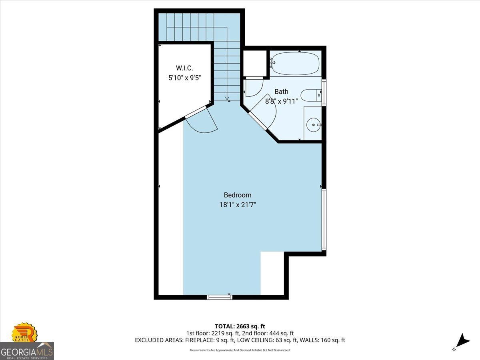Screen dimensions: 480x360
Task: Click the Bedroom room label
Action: (x=238, y=195)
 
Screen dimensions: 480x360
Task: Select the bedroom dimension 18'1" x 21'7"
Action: (x=238, y=205)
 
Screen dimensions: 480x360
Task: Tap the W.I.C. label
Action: (x=184, y=68)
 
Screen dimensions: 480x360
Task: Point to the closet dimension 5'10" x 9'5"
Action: (x=184, y=78)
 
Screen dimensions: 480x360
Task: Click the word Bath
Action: (x=282, y=91)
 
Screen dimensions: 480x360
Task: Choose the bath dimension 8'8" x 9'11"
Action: (x=282, y=101)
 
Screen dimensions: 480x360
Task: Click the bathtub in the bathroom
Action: (x=295, y=63)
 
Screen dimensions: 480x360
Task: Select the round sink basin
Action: (x=313, y=125)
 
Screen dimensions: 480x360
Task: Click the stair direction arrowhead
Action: (x=227, y=98)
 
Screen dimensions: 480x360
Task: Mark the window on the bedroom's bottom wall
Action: (x=220, y=297)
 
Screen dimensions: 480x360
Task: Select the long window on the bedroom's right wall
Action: (x=324, y=220)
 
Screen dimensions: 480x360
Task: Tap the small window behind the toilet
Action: (x=324, y=93)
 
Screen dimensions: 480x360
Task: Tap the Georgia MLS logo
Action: (x=27, y=351)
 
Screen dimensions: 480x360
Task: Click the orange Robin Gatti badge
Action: (x=24, y=332)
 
